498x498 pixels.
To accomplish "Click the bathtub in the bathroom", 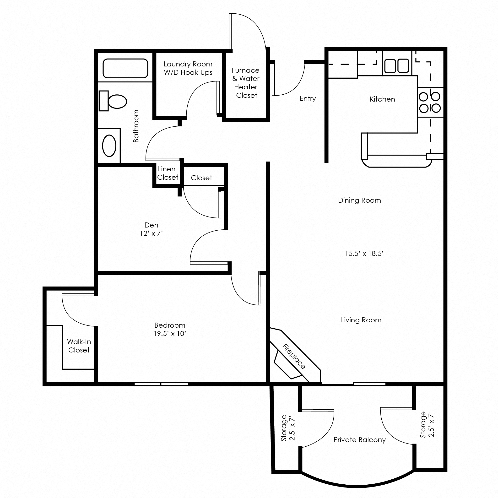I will click(x=125, y=68).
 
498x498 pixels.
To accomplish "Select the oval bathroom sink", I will click(x=109, y=146).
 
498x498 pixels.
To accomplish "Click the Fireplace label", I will click(x=294, y=357).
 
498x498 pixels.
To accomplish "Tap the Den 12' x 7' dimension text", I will click(x=151, y=233).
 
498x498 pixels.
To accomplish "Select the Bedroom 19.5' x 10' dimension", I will click(x=170, y=334).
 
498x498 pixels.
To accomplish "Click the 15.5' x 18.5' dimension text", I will click(x=364, y=254).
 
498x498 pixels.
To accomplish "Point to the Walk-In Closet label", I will click(x=79, y=346).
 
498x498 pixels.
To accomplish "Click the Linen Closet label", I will click(x=168, y=173).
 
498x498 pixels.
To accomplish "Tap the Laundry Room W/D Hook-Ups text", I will click(x=188, y=68).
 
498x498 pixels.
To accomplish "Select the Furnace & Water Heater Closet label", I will click(x=246, y=83).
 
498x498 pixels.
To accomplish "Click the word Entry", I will click(x=308, y=98).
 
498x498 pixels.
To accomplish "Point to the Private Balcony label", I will click(x=359, y=440).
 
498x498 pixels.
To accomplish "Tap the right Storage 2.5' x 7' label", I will click(x=427, y=425).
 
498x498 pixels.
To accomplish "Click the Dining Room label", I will click(x=359, y=200).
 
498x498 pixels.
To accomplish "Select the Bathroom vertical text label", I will click(x=136, y=126).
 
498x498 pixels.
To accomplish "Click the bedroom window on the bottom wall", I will click(x=161, y=384).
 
